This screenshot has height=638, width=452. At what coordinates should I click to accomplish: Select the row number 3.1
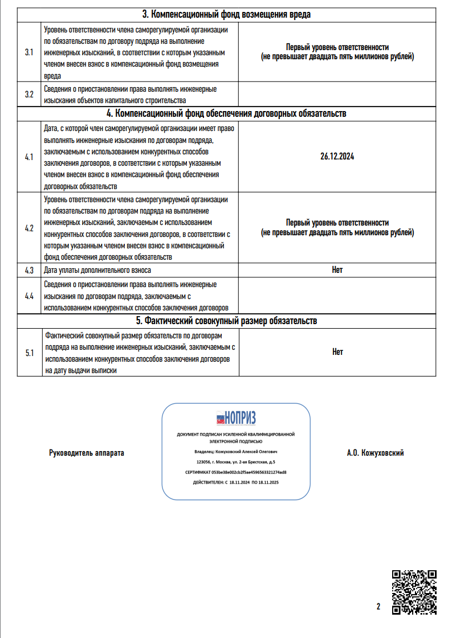pyautogui.click(x=30, y=52)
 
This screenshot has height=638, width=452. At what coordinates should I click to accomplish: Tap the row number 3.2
pyautogui.click(x=30, y=95)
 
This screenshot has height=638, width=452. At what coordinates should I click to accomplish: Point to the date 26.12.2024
pyautogui.click(x=337, y=156)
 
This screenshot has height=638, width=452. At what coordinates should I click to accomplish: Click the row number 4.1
pyautogui.click(x=30, y=156)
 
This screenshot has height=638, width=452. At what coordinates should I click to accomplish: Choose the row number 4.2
pyautogui.click(x=30, y=228)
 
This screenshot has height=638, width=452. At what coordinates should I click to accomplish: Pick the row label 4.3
pyautogui.click(x=30, y=269)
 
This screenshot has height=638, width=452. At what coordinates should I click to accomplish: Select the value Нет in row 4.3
pyautogui.click(x=337, y=269)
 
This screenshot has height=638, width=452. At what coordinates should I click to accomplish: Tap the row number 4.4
pyautogui.click(x=30, y=296)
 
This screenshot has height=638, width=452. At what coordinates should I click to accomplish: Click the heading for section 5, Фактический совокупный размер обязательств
pyautogui.click(x=226, y=321)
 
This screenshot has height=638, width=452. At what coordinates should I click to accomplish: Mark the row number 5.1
pyautogui.click(x=30, y=353)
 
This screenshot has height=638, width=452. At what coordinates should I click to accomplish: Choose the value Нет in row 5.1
pyautogui.click(x=337, y=352)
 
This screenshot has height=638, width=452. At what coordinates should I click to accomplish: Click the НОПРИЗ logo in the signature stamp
pyautogui.click(x=235, y=418)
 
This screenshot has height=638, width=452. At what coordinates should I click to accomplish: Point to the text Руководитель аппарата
pyautogui.click(x=87, y=453)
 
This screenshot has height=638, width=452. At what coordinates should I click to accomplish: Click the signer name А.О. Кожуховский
pyautogui.click(x=375, y=453)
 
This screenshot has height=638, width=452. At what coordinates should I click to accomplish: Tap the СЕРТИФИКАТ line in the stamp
pyautogui.click(x=235, y=472)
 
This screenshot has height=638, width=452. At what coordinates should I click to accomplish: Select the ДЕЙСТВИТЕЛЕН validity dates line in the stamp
pyautogui.click(x=235, y=482)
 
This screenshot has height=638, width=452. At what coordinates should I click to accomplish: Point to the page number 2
pyautogui.click(x=378, y=606)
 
